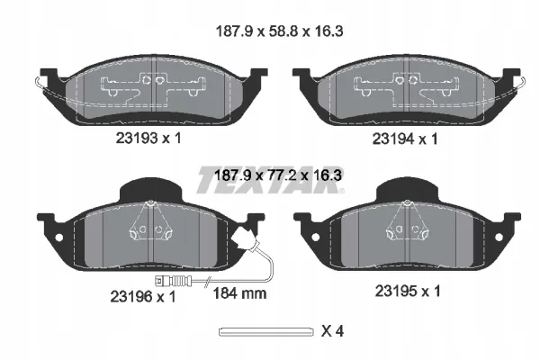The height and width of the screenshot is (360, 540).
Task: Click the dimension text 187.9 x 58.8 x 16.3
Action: (279, 31)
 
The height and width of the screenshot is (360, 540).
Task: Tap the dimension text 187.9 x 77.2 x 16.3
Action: (278, 175)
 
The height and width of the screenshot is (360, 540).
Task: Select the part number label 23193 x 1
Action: (148, 139)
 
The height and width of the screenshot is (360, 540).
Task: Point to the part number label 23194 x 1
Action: (405, 139)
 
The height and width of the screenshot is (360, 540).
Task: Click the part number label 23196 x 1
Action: (143, 296)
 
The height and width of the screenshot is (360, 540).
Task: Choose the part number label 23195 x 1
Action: (408, 291)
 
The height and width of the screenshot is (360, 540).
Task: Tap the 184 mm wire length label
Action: (240, 293)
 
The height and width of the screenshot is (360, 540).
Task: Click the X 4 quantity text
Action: (332, 331)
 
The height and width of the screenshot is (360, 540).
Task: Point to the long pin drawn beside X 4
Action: (266, 332)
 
